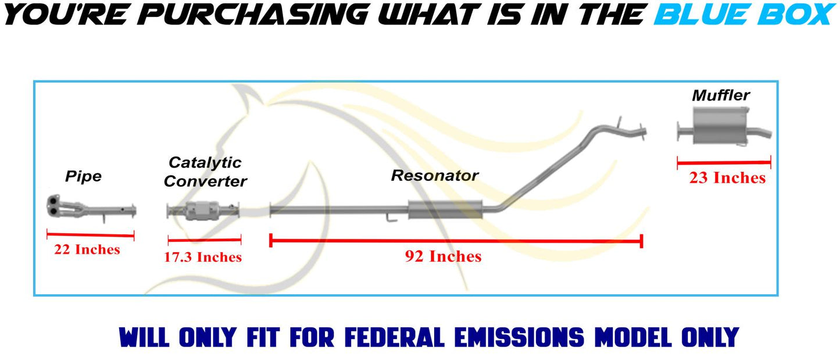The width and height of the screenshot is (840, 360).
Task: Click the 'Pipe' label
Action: (83, 176)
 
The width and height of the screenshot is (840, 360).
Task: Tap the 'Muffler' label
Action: (721, 95)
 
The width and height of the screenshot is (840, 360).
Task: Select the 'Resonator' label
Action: (435, 175)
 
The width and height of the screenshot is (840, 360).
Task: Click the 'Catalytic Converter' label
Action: (205, 172)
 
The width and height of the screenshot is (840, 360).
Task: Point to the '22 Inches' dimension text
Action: (87, 250)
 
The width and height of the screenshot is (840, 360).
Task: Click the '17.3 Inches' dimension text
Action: (203, 257)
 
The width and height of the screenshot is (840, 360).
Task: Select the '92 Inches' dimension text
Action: (443, 256)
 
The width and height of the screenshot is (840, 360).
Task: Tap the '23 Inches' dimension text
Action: (727, 178)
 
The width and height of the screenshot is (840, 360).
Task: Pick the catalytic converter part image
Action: (203, 210)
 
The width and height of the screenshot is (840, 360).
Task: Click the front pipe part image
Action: (90, 208)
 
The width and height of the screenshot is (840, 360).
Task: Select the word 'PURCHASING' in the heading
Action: (252, 15)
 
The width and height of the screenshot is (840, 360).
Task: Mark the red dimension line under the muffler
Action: (724, 163)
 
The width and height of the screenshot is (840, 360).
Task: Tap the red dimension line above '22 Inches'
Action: (90, 235)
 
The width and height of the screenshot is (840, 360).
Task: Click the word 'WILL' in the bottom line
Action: (145, 337)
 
